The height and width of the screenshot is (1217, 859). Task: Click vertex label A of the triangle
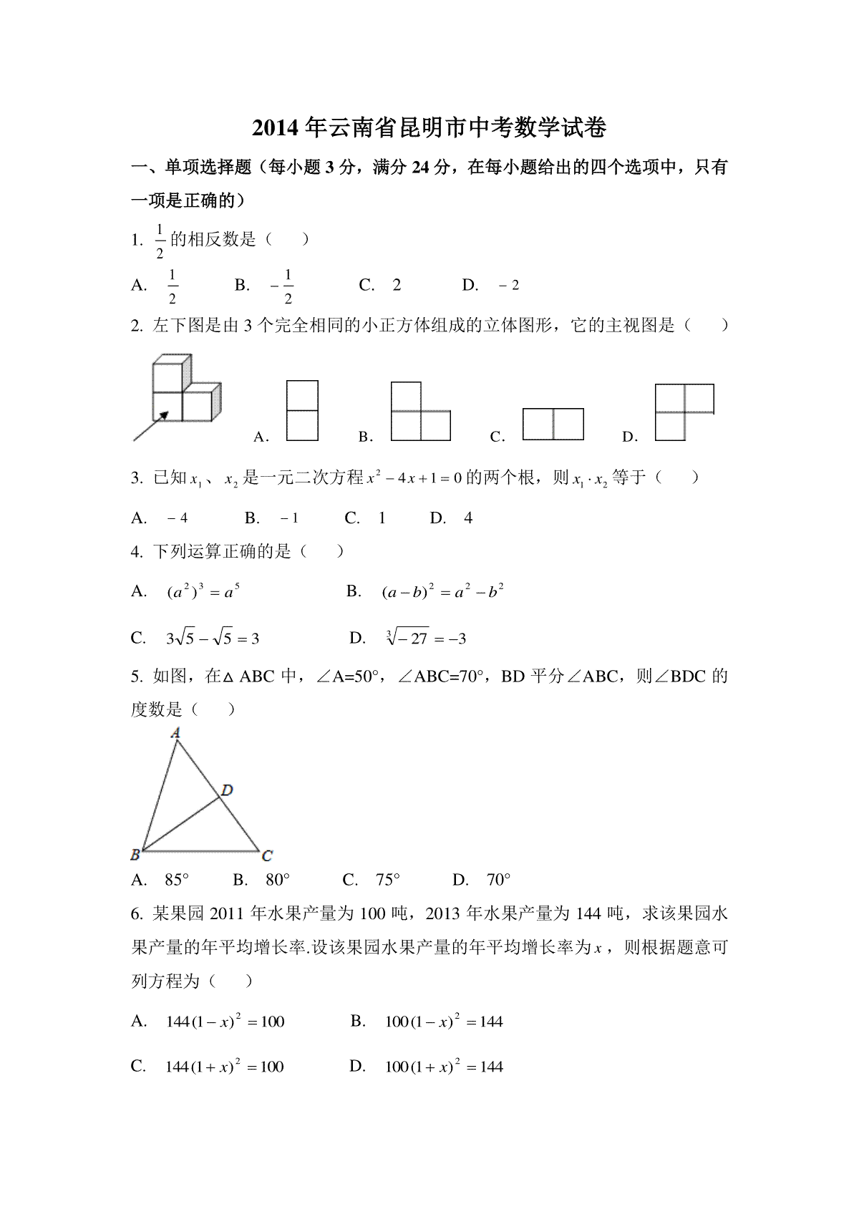(175, 732)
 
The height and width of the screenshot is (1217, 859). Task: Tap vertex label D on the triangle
(227, 790)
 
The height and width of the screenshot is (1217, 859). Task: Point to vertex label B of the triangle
(135, 854)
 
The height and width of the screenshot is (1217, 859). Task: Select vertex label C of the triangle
(267, 855)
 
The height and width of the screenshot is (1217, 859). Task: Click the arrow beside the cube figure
(151, 425)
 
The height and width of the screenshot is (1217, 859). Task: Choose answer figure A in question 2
(302, 410)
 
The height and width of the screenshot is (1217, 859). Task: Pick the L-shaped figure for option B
(420, 412)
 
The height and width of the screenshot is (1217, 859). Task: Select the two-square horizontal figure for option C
(553, 424)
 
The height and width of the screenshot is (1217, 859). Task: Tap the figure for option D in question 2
(684, 411)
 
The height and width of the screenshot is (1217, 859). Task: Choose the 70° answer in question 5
(498, 880)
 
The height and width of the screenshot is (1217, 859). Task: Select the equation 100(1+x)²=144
(444, 1067)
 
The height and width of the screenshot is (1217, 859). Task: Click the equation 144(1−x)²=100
(225, 1022)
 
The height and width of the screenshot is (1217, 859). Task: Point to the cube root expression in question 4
(425, 637)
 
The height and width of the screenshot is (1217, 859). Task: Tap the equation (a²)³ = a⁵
(203, 592)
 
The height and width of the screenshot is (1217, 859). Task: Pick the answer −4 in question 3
(177, 518)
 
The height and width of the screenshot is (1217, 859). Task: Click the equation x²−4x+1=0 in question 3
(414, 477)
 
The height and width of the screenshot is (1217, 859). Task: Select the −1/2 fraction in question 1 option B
(283, 286)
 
